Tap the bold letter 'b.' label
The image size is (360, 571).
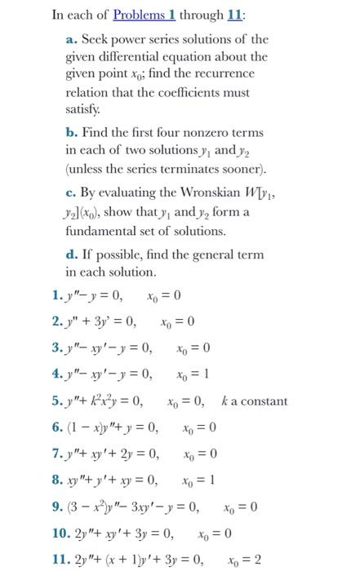72,131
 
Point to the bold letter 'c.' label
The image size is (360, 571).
71,193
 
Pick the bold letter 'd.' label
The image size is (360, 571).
72,255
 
